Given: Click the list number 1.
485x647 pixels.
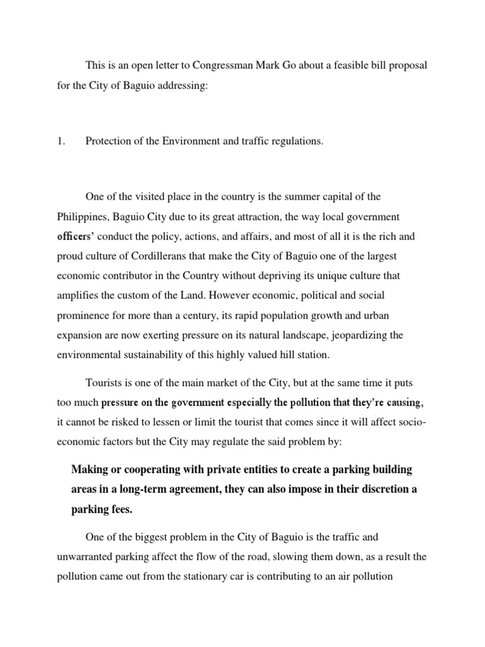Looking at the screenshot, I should coord(61,142).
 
